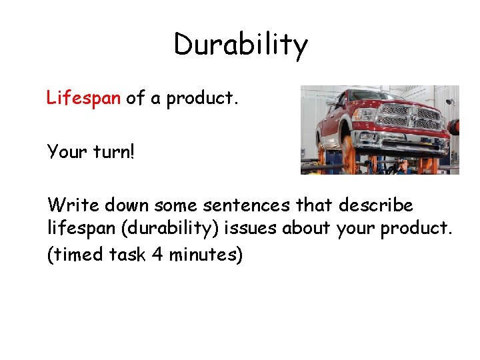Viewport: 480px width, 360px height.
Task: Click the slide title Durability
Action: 241,45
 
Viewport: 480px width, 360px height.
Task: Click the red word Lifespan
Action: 83,99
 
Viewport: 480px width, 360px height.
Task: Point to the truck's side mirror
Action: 341,103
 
